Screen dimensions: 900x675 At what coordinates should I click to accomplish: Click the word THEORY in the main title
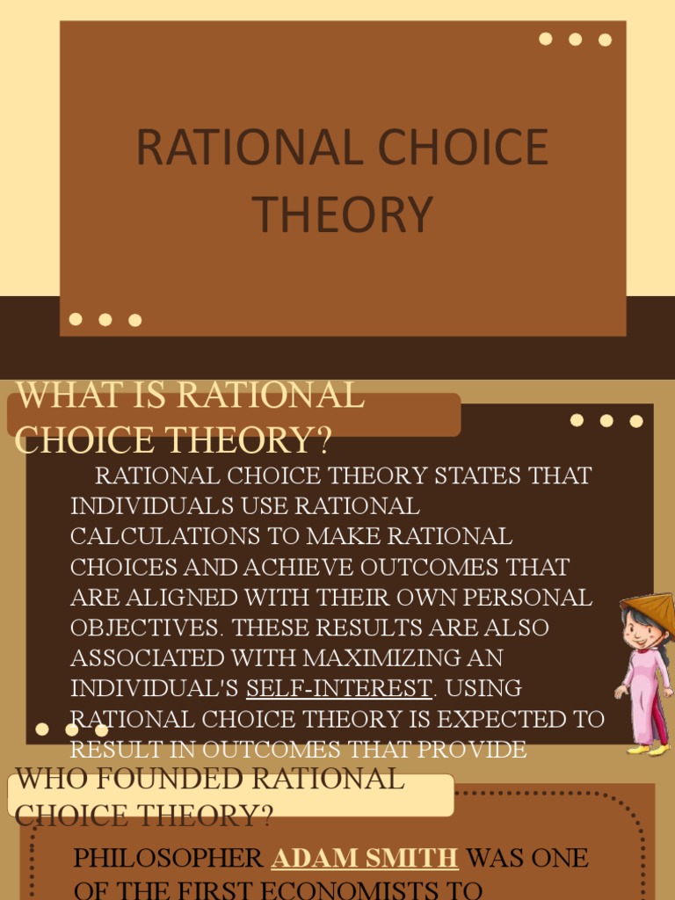pyautogui.click(x=343, y=214)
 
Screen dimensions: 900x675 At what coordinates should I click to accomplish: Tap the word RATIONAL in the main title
pyautogui.click(x=237, y=147)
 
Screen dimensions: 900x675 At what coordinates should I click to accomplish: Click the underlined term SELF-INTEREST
pyautogui.click(x=338, y=687)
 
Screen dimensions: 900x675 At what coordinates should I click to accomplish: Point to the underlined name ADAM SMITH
pyautogui.click(x=365, y=857)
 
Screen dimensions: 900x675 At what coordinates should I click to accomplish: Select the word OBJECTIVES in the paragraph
pyautogui.click(x=143, y=628)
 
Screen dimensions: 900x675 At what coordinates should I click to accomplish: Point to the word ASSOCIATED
pyautogui.click(x=148, y=657)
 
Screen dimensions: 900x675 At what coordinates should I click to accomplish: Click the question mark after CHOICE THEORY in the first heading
pyautogui.click(x=323, y=439)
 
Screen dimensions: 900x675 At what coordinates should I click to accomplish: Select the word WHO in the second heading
pyautogui.click(x=46, y=779)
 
